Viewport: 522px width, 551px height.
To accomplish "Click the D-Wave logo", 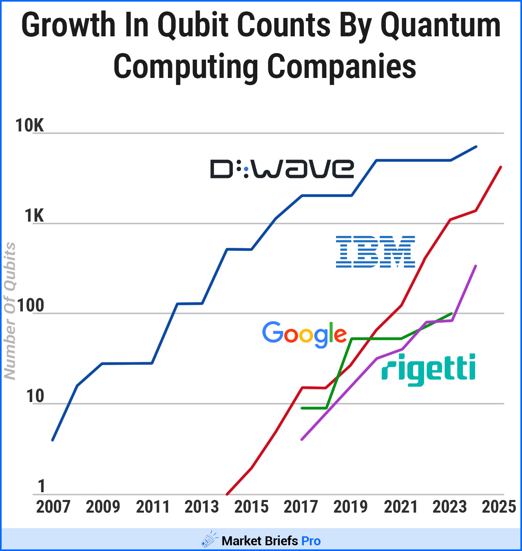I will pos(282,169).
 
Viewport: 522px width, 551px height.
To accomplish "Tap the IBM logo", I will pos(375,252).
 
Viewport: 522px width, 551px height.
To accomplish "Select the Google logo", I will pos(304,334).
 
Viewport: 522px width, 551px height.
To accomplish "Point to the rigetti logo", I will pos(428,369).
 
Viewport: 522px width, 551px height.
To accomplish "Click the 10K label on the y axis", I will pos(29,126).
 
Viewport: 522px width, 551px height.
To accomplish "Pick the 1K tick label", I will pos(34,216).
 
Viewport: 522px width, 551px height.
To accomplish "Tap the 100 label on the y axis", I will pos(31,306).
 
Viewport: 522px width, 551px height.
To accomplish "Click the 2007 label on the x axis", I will pos(53,507).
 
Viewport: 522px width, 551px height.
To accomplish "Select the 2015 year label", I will pos(251,507).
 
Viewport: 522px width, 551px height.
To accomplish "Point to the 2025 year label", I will pos(499,507).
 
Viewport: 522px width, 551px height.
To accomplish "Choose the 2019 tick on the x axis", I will pos(350,507).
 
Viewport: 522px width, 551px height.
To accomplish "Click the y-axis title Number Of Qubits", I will pos(10,311).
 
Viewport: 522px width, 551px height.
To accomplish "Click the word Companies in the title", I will pos(342,66).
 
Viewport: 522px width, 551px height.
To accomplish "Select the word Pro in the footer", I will pos(311,541).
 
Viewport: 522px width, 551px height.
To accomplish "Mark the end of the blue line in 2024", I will pos(476,147).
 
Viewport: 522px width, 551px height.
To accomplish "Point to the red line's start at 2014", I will pos(227,494).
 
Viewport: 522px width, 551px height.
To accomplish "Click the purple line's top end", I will pos(476,266).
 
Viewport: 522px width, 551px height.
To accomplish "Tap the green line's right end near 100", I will pos(452,313).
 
